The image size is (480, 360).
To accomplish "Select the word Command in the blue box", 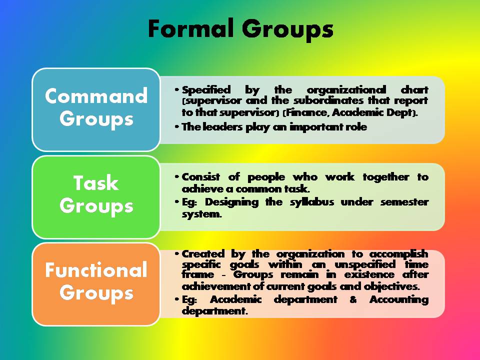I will (96, 96).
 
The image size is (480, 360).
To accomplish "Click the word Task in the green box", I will (96, 183).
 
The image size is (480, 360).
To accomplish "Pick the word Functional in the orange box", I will (96, 270).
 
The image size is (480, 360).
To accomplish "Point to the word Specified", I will (206, 90).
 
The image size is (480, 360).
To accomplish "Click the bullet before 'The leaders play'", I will (177, 127).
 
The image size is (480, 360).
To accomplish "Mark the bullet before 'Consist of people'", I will (177, 177).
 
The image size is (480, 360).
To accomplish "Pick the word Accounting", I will (399, 299).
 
